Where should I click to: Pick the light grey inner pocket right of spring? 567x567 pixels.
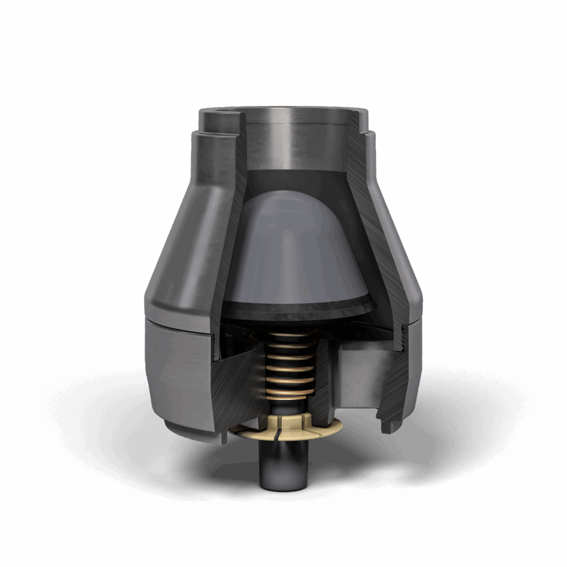[360, 377]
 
